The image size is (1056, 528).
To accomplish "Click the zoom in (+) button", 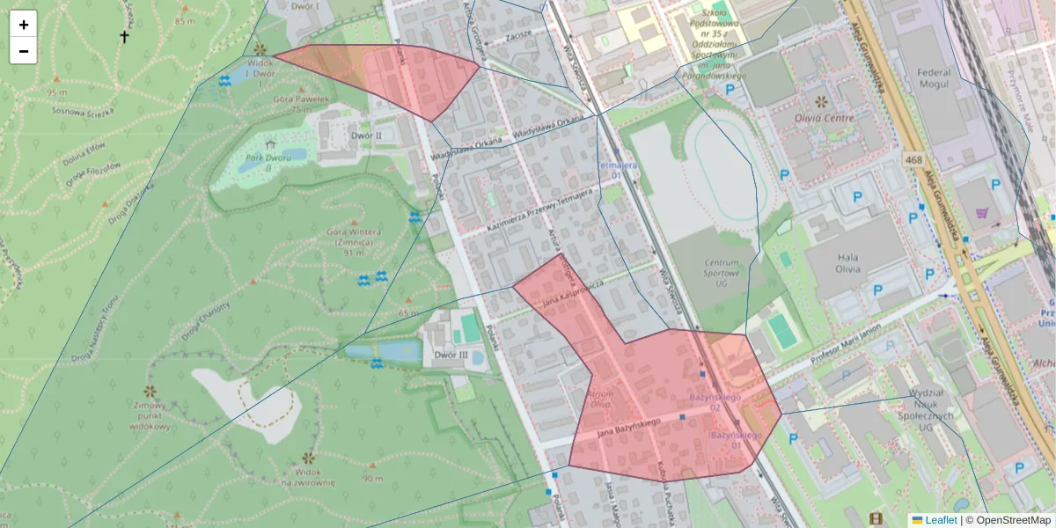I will (x=24, y=25).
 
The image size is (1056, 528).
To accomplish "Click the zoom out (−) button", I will (x=24, y=51).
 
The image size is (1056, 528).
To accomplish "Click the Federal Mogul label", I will (x=933, y=78).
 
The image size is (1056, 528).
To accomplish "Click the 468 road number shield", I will (x=913, y=159).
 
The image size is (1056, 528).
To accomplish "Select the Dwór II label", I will (x=366, y=136).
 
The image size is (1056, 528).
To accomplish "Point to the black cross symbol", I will (x=124, y=37).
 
